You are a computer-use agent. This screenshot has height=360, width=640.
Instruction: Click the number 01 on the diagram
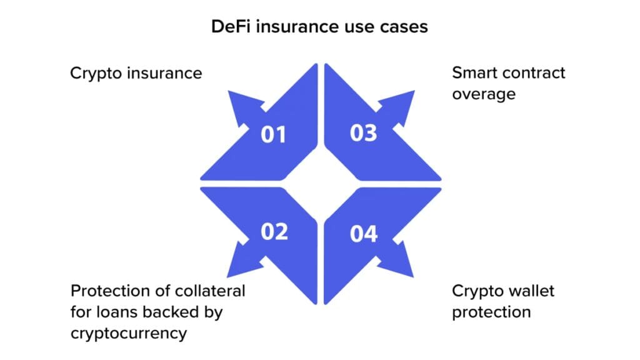(273, 135)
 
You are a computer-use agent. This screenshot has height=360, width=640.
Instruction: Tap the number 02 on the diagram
(274, 232)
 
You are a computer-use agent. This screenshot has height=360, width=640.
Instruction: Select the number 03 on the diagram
(363, 133)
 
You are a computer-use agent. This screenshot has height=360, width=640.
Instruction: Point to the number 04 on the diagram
(364, 234)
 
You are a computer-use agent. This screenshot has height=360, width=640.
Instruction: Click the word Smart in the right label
(472, 73)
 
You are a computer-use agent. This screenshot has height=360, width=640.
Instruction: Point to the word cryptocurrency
(129, 334)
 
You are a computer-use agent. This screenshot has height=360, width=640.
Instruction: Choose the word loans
(117, 312)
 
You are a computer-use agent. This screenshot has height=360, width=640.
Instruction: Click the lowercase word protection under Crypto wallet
(491, 312)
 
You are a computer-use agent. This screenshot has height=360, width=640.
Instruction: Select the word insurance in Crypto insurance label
(164, 74)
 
